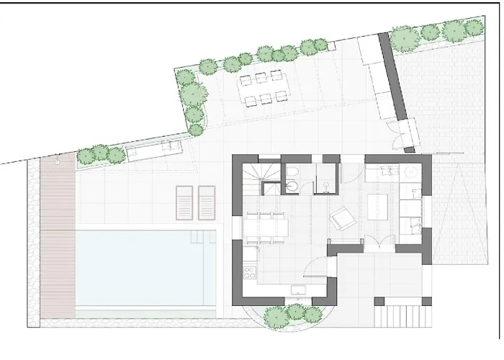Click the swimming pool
coord(144,267)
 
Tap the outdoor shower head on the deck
coord(58,163)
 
